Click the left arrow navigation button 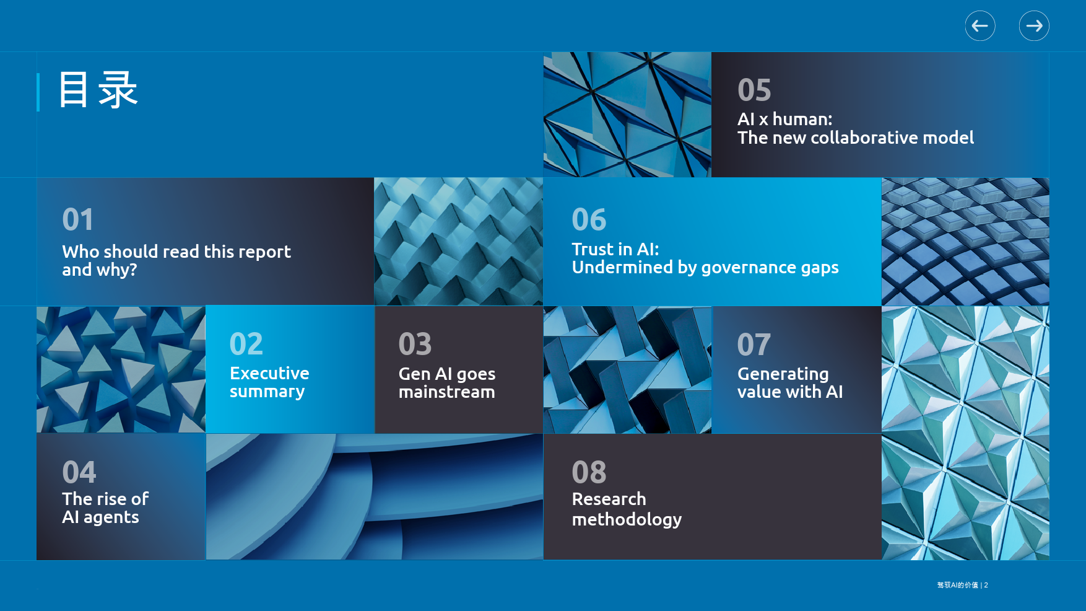point(980,26)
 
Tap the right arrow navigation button point(1034,26)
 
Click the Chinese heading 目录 point(98,90)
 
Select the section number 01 point(78,219)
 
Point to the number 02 point(246,344)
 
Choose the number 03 point(415,344)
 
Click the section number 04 point(79,472)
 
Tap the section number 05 point(754,90)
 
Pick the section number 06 point(589,219)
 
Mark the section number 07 point(754,345)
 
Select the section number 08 point(589,472)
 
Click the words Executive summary point(269,382)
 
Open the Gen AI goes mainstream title point(447,383)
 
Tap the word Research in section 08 point(609,499)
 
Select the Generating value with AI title point(790,383)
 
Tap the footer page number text point(962,585)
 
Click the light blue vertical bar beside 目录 point(38,92)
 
